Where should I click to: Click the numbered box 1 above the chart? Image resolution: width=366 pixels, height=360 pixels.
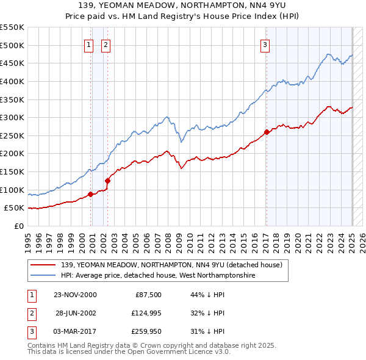tap(88, 44)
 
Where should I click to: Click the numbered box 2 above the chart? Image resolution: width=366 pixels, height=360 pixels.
tap(106, 44)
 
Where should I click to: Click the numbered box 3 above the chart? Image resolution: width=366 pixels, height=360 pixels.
tap(265, 44)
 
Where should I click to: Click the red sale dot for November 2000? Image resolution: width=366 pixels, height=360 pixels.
tap(91, 194)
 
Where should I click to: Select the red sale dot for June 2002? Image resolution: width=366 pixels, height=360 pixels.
tap(108, 181)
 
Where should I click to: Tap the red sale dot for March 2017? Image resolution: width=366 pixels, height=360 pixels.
tap(267, 132)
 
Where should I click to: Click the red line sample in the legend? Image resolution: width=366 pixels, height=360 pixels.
tap(43, 265)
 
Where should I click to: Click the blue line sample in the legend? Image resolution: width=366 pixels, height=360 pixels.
tap(43, 276)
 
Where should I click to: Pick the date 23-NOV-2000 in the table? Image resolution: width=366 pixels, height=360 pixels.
tap(75, 294)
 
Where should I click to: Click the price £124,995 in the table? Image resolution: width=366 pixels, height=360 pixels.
tap(145, 313)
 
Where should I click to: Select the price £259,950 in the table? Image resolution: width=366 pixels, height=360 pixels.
tap(145, 332)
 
